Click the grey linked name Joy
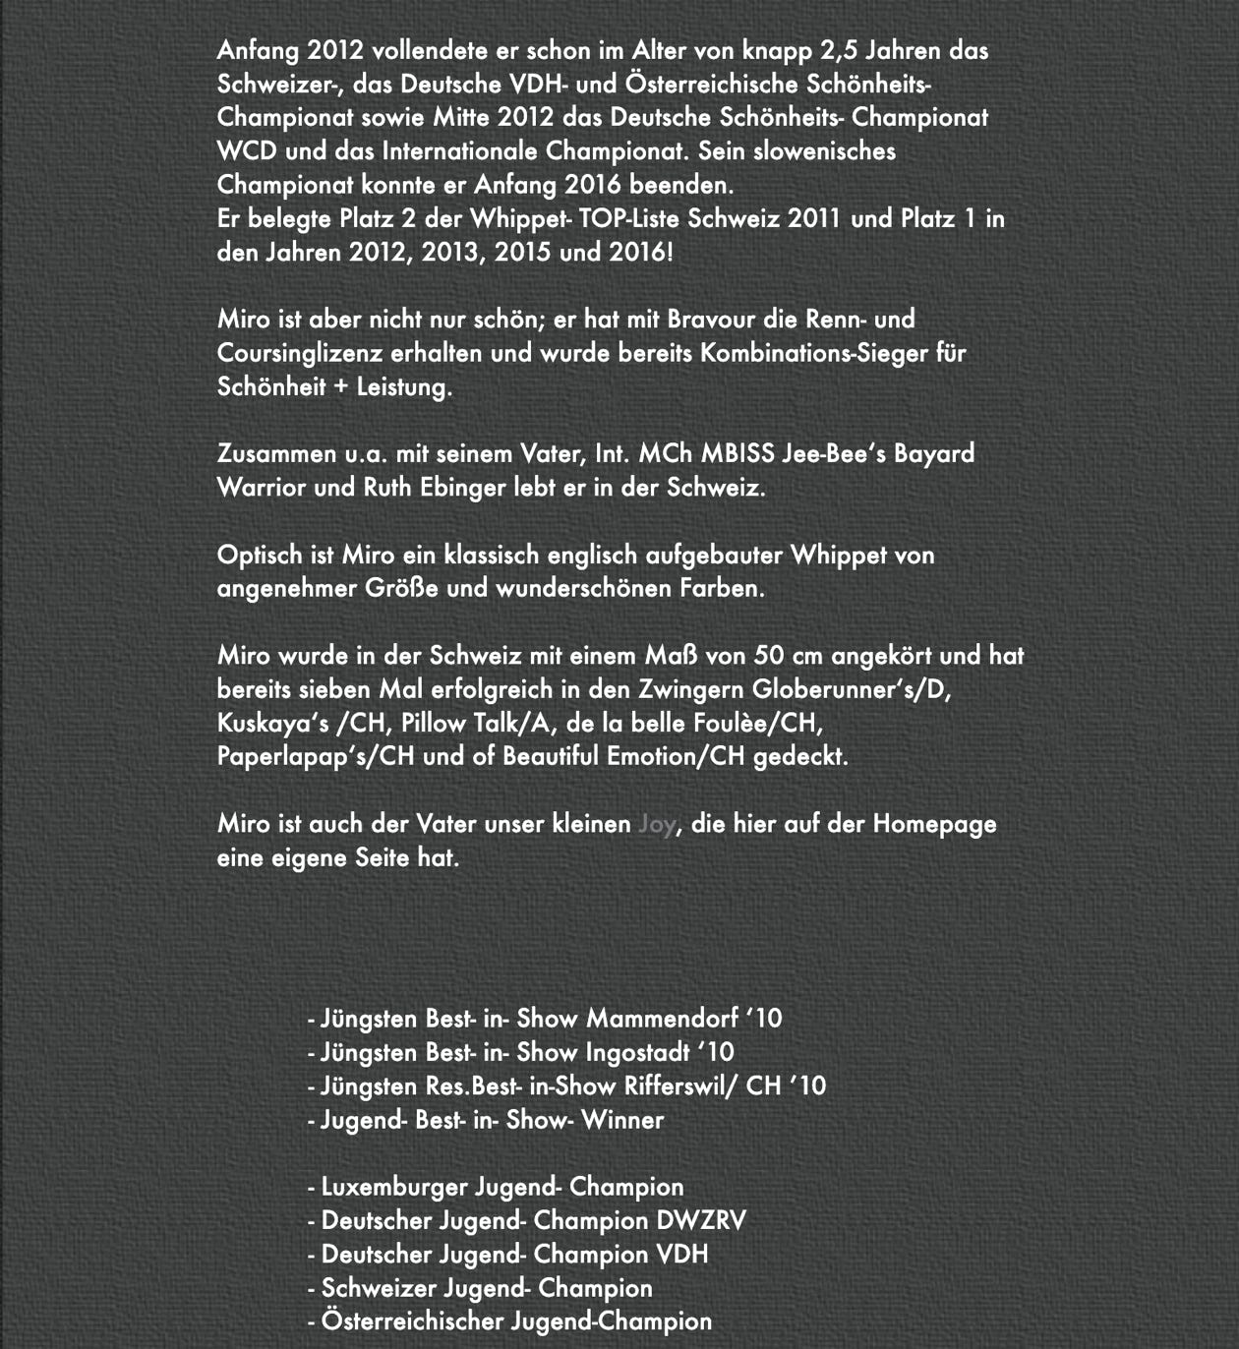pos(656,824)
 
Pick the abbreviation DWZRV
pos(701,1220)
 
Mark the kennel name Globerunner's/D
pos(852,689)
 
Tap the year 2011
pos(813,218)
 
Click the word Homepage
pos(934,824)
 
